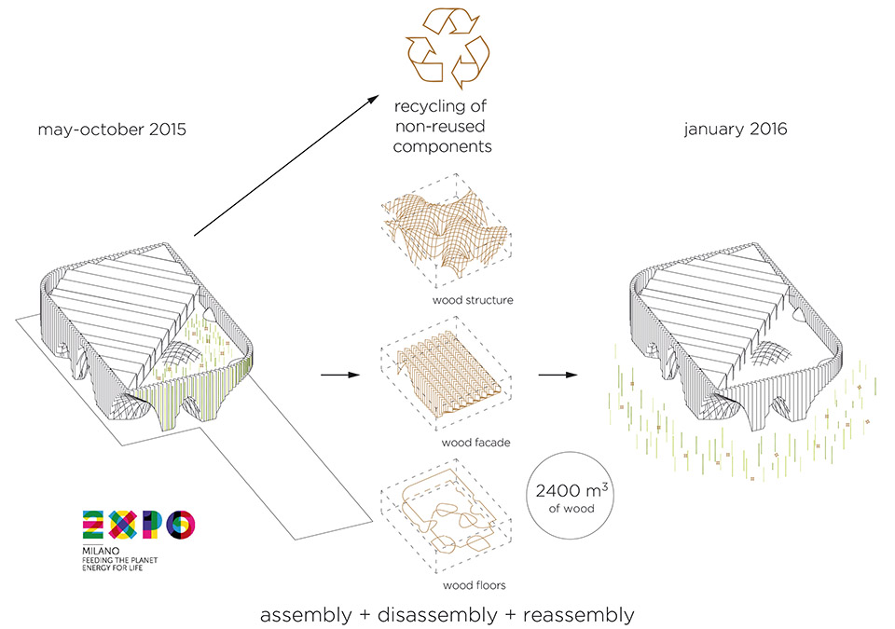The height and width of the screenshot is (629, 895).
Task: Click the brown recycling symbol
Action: (x=447, y=48)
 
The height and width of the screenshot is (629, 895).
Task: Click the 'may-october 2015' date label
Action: (x=112, y=130)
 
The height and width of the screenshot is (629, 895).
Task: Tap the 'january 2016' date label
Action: (x=736, y=129)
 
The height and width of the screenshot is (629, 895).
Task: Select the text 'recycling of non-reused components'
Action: (x=441, y=126)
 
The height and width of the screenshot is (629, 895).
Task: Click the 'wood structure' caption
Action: (x=473, y=300)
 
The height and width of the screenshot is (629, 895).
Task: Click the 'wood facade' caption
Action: (x=475, y=443)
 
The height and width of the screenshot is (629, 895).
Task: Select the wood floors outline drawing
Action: (x=446, y=519)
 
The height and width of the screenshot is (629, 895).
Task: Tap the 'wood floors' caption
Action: (x=475, y=585)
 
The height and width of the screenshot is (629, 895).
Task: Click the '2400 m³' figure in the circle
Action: (x=571, y=490)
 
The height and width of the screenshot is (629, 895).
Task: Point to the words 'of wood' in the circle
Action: (x=571, y=509)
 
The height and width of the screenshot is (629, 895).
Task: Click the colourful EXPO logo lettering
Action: (x=139, y=524)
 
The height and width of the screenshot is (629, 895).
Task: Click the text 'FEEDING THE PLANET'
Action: (x=120, y=560)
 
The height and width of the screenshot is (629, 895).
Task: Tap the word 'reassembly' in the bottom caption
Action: (x=578, y=615)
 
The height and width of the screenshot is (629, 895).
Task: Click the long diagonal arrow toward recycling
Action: (x=286, y=165)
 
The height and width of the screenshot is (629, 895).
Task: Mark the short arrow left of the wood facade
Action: (x=340, y=375)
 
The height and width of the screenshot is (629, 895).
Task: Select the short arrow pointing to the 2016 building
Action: (x=558, y=375)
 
